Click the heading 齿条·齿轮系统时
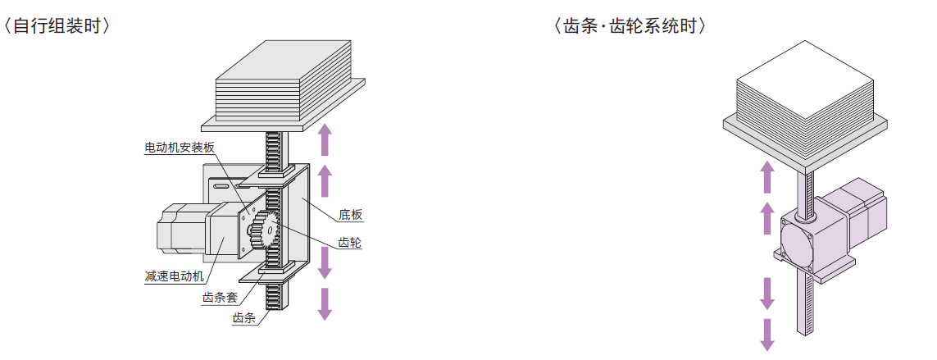click(x=630, y=25)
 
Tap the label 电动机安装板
click(x=180, y=148)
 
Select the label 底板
click(x=351, y=216)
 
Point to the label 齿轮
click(x=350, y=243)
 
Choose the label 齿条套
click(x=220, y=298)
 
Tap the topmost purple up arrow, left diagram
click(x=325, y=139)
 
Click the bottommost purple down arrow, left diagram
click(x=325, y=303)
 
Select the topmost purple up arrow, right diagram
click(x=767, y=175)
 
